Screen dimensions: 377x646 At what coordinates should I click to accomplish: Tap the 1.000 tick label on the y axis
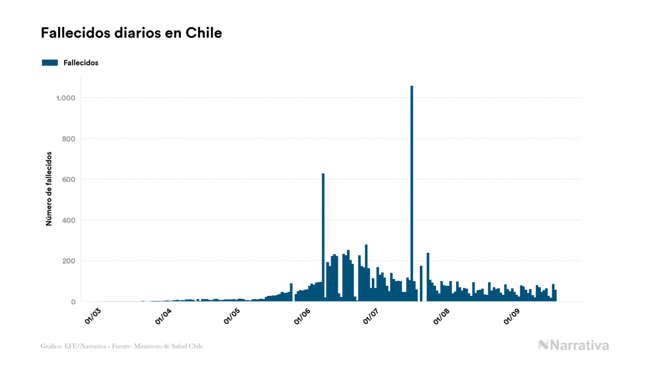[x=65, y=98]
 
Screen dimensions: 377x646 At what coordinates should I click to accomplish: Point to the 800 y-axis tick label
[x=69, y=139]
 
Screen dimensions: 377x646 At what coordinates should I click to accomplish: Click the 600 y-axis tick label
[x=69, y=180]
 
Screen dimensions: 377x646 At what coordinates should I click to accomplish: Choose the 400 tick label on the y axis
[x=69, y=220]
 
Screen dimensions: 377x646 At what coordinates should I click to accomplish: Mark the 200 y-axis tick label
[x=69, y=261]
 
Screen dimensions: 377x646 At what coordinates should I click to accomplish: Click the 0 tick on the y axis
[x=73, y=302]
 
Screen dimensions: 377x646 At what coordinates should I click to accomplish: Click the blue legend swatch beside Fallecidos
[x=50, y=63]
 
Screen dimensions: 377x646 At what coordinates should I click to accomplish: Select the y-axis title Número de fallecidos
[x=49, y=189]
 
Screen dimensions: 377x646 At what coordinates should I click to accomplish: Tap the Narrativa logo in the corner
[x=573, y=345]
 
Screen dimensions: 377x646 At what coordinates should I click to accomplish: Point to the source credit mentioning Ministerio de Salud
[x=122, y=346]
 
